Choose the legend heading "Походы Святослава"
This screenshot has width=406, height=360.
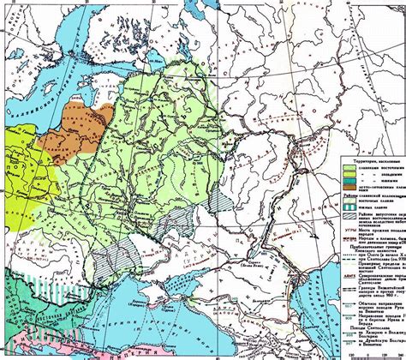(x=369, y=327)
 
